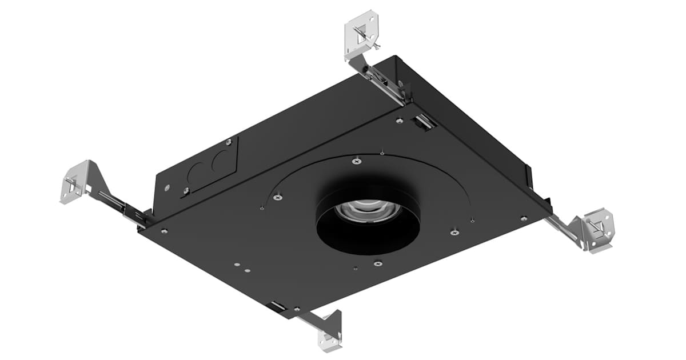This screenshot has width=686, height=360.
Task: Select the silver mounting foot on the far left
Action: (x=75, y=182)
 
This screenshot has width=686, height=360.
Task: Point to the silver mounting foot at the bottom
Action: (x=330, y=330)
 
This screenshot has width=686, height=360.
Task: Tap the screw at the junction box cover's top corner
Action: (x=228, y=141)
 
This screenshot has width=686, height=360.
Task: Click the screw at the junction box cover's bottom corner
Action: (x=186, y=191)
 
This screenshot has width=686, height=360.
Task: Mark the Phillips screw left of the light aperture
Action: (x=278, y=197)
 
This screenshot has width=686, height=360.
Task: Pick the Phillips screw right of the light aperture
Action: (x=454, y=232)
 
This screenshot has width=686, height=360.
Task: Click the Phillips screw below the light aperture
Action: (x=377, y=263)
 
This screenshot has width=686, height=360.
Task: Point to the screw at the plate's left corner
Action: (x=164, y=231)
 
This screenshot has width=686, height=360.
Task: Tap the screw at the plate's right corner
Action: (x=524, y=218)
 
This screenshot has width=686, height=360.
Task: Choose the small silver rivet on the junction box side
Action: (x=166, y=187)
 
